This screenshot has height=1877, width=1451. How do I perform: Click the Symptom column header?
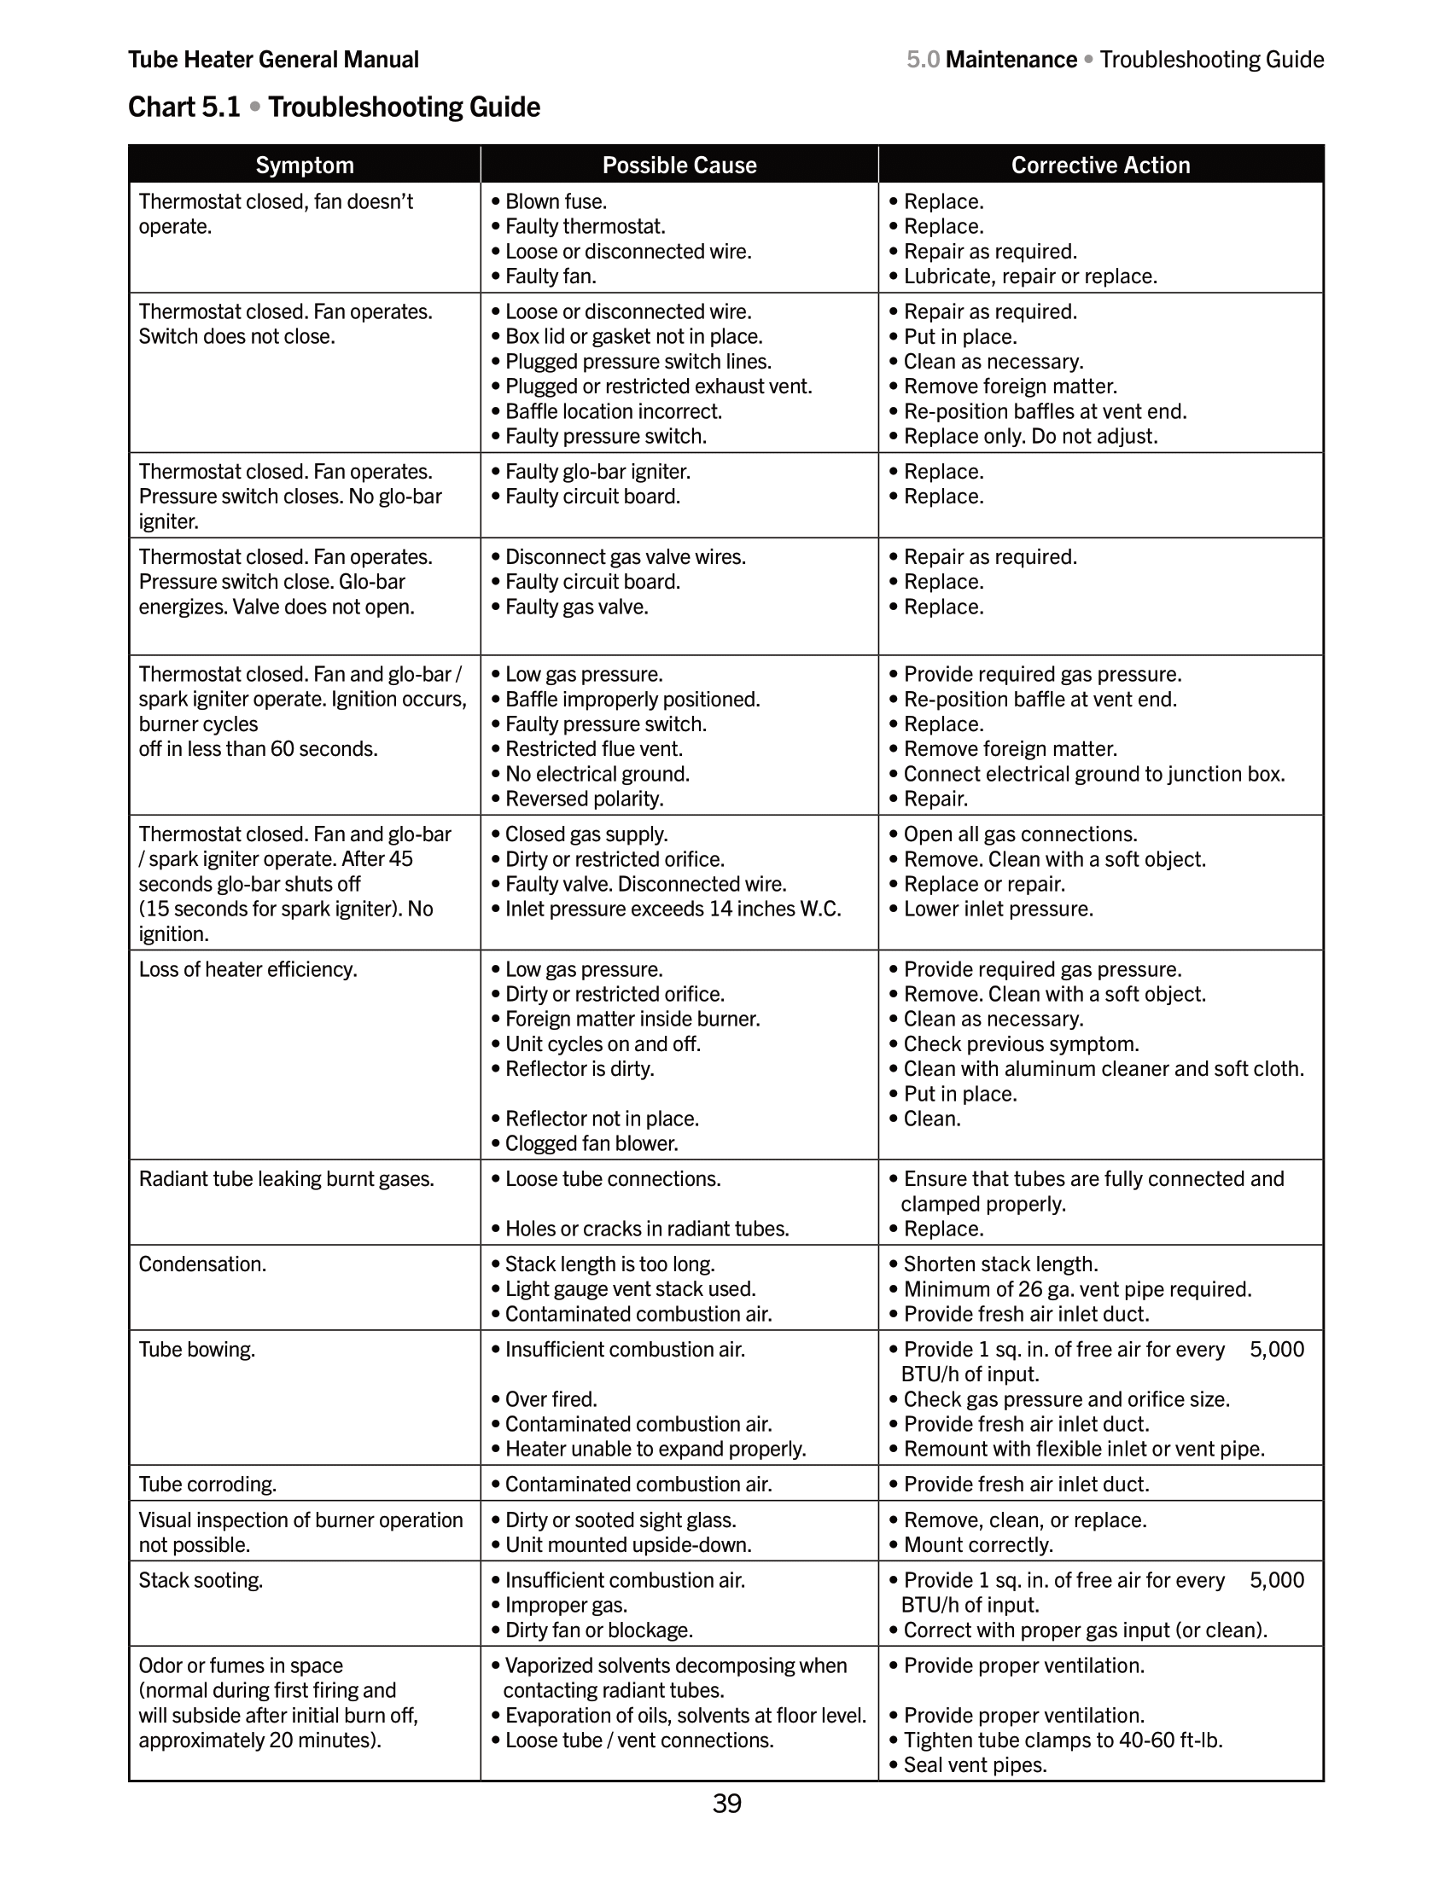(305, 165)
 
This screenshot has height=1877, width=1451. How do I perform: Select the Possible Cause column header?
(679, 165)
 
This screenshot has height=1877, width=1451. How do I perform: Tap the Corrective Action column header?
(1100, 165)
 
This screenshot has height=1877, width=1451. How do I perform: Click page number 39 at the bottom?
(726, 1803)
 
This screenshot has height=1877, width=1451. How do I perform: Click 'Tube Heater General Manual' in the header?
(273, 60)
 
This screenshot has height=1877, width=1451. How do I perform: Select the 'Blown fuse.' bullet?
(556, 201)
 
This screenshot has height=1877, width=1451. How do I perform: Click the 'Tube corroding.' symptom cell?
(207, 1485)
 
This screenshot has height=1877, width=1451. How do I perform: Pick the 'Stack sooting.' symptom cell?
(201, 1580)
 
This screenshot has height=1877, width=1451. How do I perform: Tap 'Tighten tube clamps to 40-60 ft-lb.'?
(1063, 1740)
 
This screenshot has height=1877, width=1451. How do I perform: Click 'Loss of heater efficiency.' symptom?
(248, 969)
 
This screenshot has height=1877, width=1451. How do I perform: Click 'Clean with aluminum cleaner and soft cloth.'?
(1103, 1068)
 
